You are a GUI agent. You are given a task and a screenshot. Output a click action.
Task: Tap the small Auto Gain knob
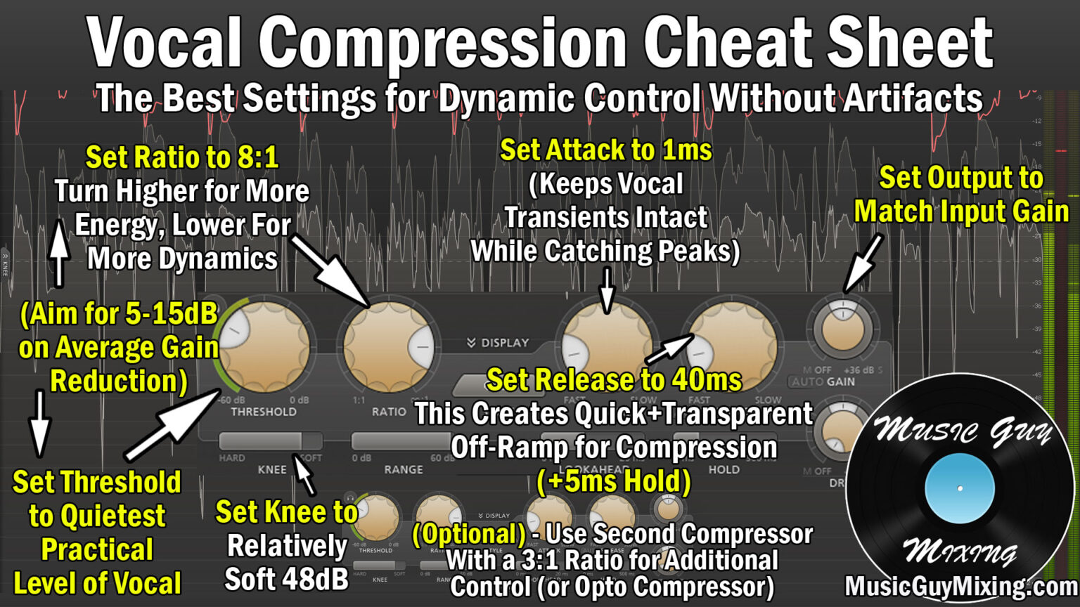pos(842,328)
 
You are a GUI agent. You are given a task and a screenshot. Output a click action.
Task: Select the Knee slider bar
pos(271,440)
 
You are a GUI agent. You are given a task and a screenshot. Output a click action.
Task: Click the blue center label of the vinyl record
pos(959,488)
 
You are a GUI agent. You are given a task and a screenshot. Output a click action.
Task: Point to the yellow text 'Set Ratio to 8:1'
pos(182,157)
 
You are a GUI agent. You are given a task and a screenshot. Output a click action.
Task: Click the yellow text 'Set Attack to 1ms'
pos(605,150)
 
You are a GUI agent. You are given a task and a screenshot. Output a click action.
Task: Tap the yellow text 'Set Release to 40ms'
pos(614,380)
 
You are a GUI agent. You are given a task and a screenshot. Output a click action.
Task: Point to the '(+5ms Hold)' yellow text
pos(614,482)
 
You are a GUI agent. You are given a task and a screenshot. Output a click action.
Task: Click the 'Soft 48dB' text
pos(286,579)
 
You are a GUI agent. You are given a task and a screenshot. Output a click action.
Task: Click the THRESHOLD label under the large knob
pos(264,412)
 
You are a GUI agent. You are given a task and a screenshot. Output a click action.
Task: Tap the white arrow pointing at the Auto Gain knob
pos(863,263)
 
